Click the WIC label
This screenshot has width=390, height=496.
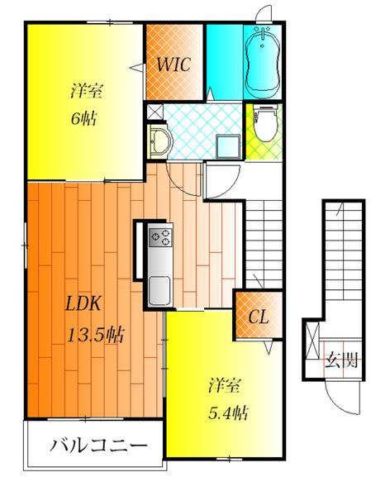pos(174,64)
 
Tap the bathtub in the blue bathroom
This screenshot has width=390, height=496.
pos(263,62)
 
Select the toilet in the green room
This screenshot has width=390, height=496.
pos(265,123)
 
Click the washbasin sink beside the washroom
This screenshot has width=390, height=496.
pos(161,141)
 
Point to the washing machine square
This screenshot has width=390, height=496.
pos(228,145)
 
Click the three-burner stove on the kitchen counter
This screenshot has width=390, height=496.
pos(160,237)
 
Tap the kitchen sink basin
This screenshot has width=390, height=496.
pos(160,291)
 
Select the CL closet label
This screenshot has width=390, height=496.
pos(259,317)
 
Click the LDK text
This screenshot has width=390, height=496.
pos(83,303)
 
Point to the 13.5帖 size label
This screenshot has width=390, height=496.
pos(96,335)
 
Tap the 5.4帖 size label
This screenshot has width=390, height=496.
pos(228,413)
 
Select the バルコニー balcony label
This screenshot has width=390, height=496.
pos(98,446)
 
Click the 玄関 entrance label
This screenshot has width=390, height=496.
pos(342,360)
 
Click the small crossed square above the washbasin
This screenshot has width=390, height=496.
pos(155,112)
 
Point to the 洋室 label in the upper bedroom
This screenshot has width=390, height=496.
pos(87,91)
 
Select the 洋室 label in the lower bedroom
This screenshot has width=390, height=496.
pos(225,385)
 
